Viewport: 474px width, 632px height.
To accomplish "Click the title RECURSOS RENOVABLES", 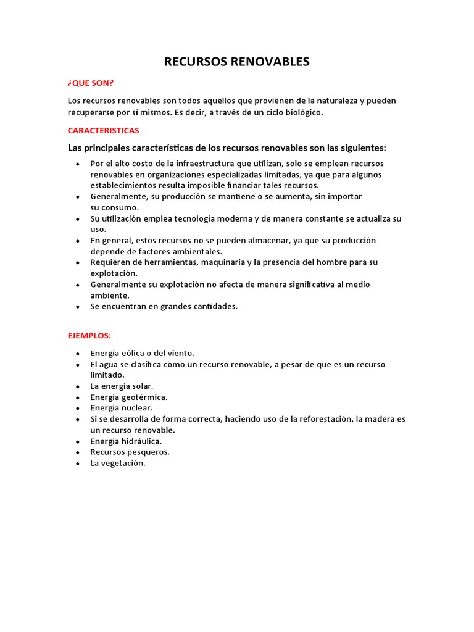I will pos(236,62).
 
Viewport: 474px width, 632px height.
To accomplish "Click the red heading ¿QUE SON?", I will pos(91,83).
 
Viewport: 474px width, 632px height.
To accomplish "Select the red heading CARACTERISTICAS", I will pos(103,131).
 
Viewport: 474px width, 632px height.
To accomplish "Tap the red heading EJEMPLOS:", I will pos(89,336).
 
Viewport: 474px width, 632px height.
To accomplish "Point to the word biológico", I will pos(302,112).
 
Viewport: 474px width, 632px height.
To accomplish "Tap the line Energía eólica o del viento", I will pos(142,353).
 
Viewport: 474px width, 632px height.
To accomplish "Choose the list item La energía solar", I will pos(122,386).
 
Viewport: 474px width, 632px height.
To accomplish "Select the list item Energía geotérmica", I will pos(128,397).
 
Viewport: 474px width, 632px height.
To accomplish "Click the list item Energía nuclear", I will pos(121,408).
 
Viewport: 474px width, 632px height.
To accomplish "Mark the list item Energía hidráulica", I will pos(126,441).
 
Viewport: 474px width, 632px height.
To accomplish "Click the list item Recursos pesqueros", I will pos(130,452).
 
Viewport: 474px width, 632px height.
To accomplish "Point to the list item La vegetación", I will pos(118,464).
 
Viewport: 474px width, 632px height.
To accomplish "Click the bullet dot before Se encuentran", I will pos(77,307).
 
